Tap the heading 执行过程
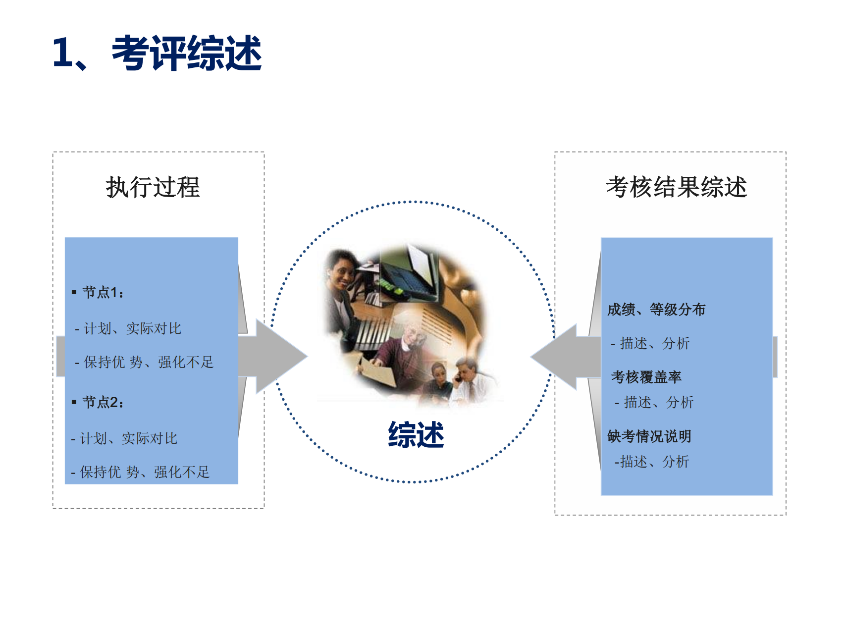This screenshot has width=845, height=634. tap(153, 187)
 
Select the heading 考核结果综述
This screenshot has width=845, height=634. tap(676, 187)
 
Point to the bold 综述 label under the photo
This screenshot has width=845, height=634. tap(416, 435)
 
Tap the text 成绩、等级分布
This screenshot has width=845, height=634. tap(656, 310)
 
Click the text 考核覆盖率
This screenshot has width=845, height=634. tap(646, 377)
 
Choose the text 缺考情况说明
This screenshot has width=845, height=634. tap(649, 436)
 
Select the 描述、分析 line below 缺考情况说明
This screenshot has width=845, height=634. tap(651, 462)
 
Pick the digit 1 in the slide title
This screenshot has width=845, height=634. tap(63, 52)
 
